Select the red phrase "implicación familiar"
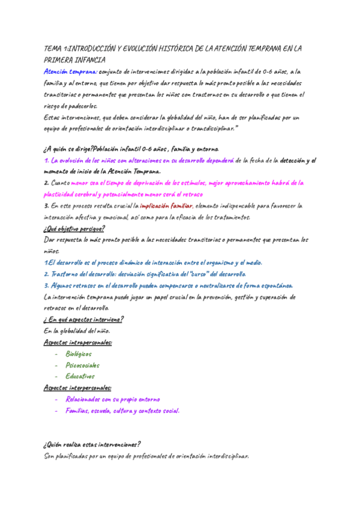(166, 206)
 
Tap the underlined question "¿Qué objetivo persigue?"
(74, 229)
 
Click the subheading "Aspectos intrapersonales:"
(78, 342)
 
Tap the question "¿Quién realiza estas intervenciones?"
(92, 445)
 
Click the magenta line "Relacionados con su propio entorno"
(113, 399)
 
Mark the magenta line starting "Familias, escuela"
(122, 411)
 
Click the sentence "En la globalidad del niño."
(77, 331)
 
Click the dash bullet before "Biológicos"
(56, 354)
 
